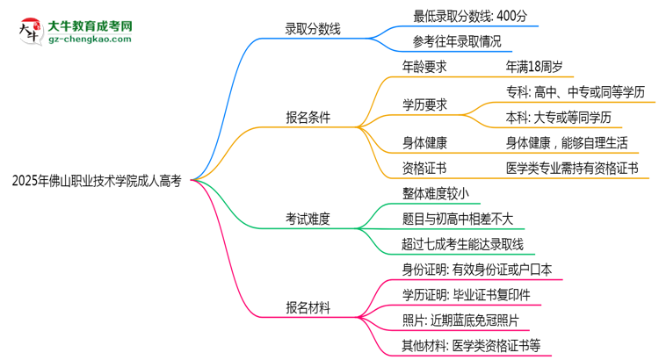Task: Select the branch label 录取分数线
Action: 313,29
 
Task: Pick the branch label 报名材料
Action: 308,307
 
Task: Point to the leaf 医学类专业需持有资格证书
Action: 572,168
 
